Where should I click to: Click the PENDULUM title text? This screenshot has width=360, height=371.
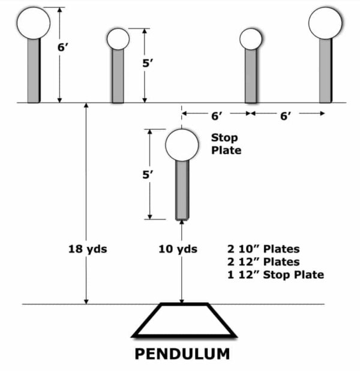[x=182, y=354]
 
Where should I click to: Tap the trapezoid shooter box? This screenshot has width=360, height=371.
[x=182, y=320]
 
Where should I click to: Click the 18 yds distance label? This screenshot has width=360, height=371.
[x=87, y=248]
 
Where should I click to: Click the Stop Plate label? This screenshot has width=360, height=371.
[x=226, y=144]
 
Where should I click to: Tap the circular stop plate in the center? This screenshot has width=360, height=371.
[x=182, y=145]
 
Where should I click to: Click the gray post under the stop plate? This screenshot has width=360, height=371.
[x=182, y=190]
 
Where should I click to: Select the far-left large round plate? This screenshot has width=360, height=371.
[x=33, y=22]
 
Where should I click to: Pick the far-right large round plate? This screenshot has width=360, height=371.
[x=325, y=22]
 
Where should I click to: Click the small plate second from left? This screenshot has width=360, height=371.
[x=118, y=39]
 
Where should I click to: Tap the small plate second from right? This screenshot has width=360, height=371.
[x=251, y=39]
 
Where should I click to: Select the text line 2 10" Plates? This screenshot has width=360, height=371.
[x=263, y=248]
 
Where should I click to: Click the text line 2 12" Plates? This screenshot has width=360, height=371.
[x=263, y=261]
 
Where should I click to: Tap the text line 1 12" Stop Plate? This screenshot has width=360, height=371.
[x=275, y=275]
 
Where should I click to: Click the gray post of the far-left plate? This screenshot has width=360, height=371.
[x=34, y=70]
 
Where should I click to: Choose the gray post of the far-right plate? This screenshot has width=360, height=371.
[x=325, y=70]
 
